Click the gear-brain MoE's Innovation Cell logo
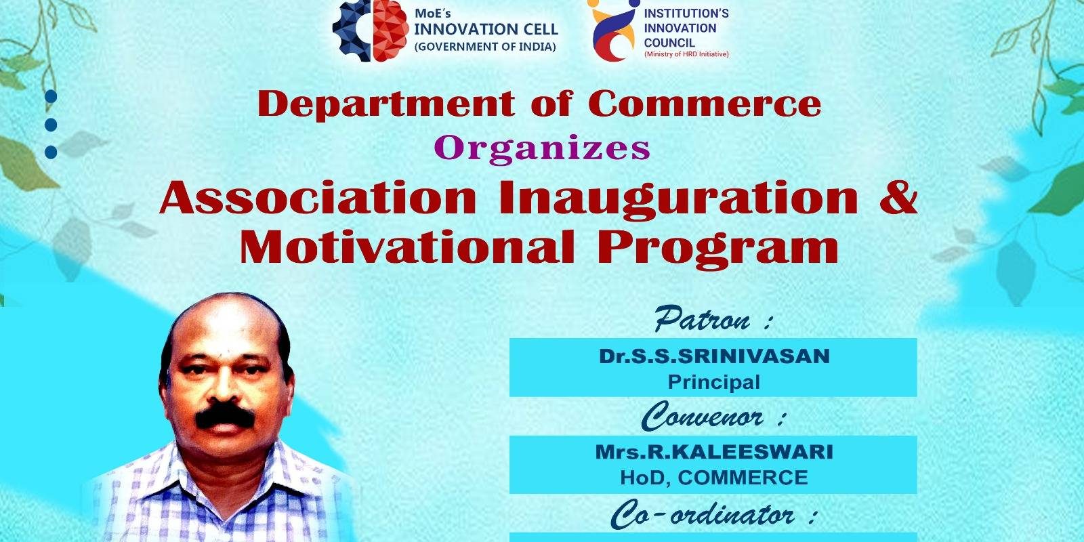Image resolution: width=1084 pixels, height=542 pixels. click(x=371, y=31)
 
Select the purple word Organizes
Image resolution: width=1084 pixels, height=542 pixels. click(x=542, y=149)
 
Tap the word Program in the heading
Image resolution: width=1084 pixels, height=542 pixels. click(x=718, y=249)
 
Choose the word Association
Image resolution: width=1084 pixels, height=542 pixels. click(x=318, y=197)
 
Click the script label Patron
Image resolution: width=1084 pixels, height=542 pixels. click(x=702, y=319)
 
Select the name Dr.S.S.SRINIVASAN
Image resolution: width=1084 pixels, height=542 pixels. click(x=714, y=356)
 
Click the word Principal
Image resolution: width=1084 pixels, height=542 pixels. click(x=714, y=382)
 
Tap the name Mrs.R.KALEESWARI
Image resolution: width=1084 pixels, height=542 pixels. click(x=714, y=452)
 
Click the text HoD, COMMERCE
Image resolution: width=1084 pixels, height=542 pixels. click(x=714, y=478)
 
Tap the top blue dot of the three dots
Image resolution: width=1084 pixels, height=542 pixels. click(x=51, y=97)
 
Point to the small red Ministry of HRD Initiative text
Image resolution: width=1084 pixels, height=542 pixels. click(x=686, y=54)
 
